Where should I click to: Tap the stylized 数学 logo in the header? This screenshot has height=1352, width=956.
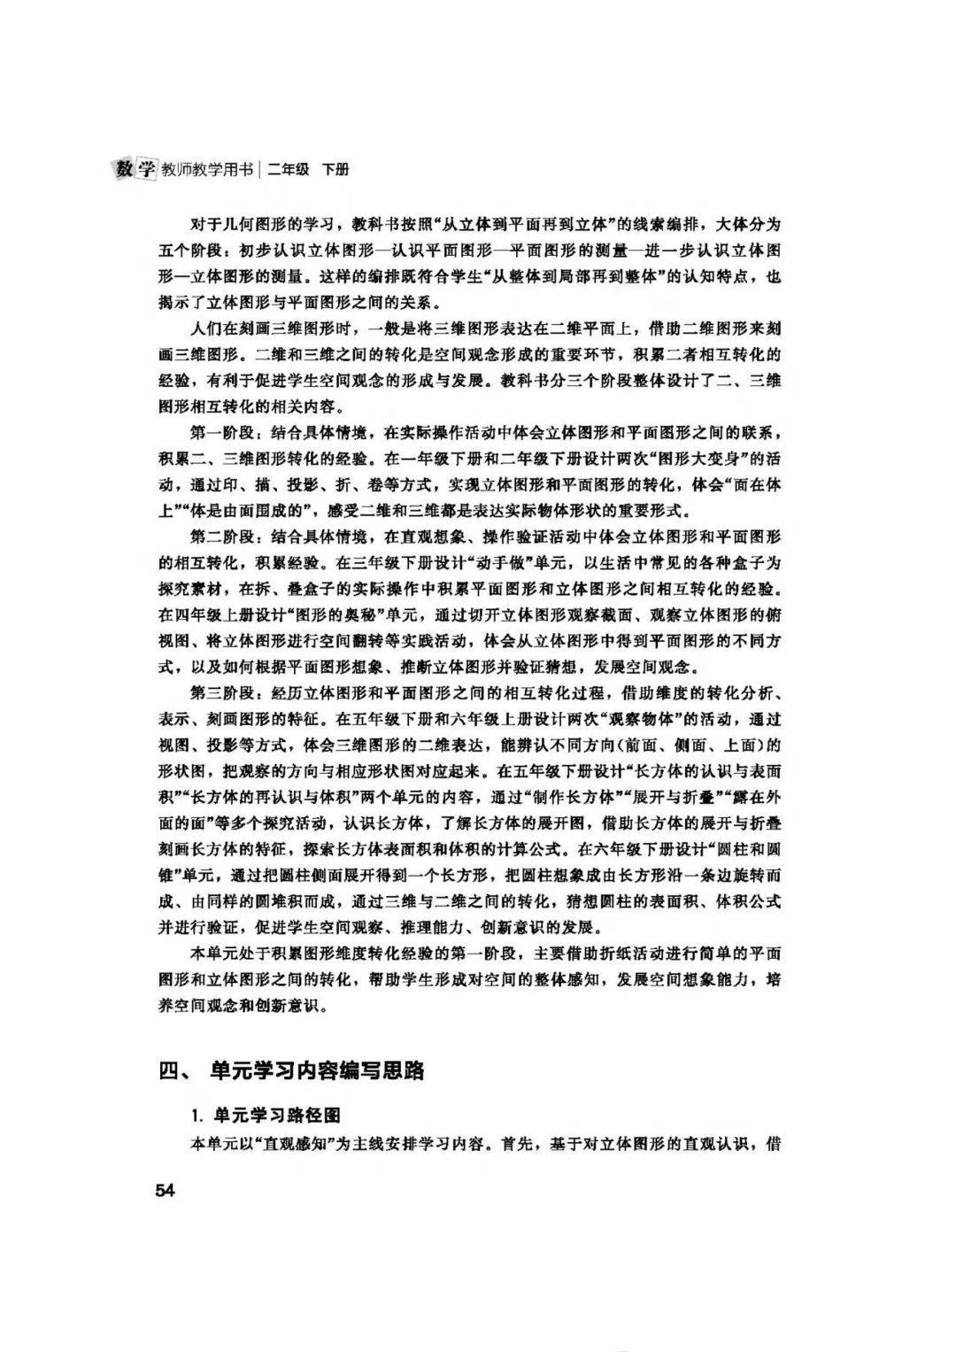135,168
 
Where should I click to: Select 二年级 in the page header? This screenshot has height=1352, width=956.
289,169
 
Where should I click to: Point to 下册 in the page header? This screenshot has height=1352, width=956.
335,169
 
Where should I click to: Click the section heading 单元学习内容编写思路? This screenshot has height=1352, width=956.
317,1070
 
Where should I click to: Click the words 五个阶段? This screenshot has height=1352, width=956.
191,250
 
